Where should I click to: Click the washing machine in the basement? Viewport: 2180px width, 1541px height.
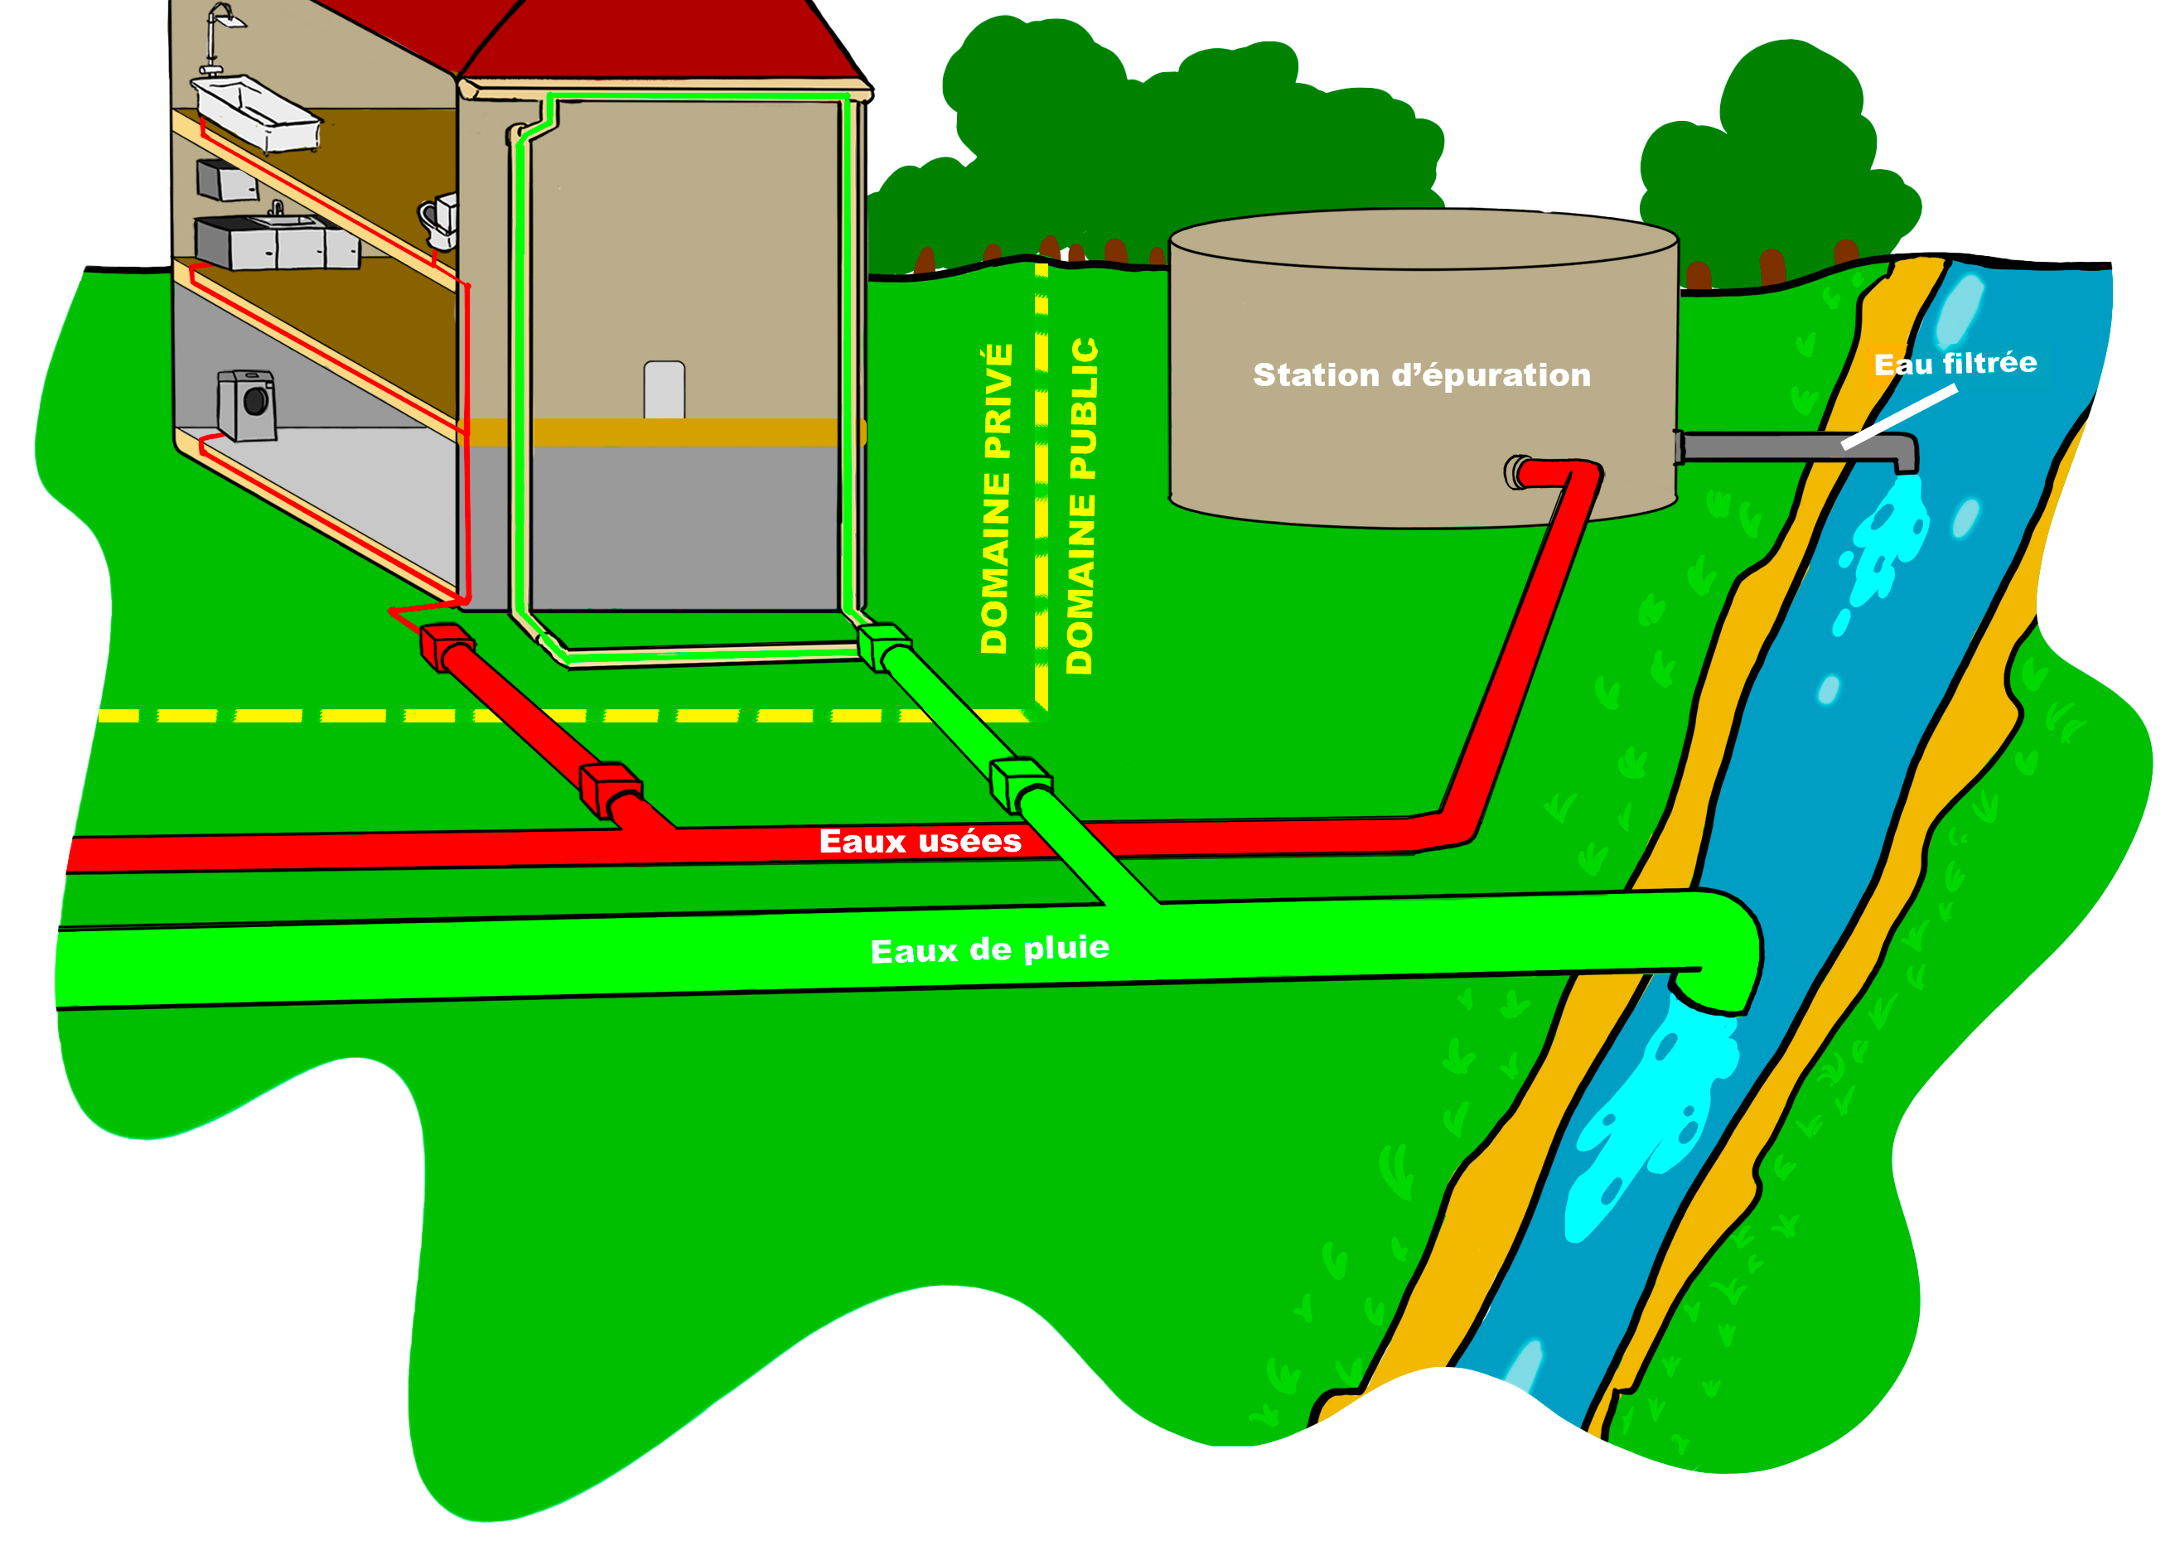(247, 405)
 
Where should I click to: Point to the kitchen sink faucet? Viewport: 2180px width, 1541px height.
(276, 207)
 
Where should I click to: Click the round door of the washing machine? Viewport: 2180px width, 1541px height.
(256, 401)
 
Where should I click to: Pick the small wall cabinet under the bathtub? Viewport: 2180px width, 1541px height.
(227, 180)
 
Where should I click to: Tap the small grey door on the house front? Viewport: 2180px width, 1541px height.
(664, 389)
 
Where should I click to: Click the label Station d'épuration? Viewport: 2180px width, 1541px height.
(1421, 375)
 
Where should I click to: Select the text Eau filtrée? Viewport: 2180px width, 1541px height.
(1955, 364)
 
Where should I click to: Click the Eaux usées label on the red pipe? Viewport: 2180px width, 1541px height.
(920, 841)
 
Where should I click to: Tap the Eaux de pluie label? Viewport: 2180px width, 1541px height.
(989, 949)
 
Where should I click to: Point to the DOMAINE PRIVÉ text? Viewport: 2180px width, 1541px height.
(996, 500)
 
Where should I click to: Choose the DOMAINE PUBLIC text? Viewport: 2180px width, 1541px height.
(1081, 506)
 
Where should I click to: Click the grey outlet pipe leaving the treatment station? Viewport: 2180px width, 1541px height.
(1785, 447)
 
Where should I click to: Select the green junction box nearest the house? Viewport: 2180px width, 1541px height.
(884, 645)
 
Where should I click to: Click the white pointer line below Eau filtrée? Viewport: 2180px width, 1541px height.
(1899, 417)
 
